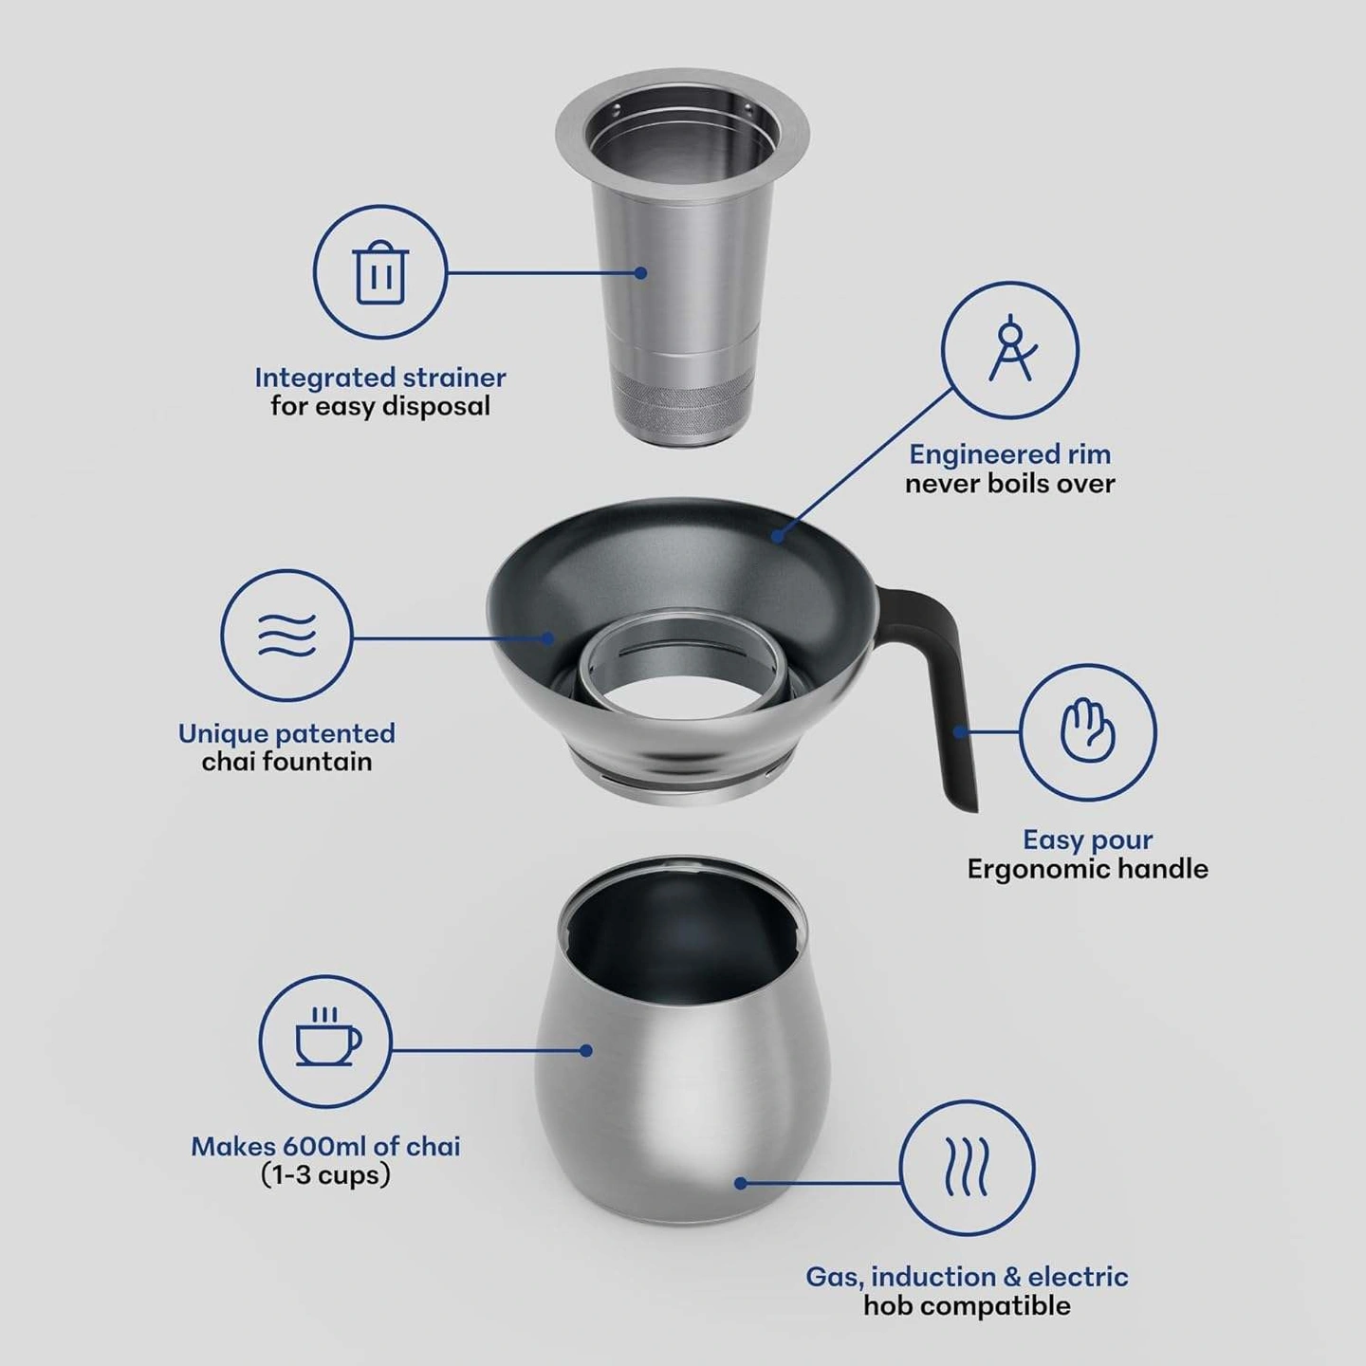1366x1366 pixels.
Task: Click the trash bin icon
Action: click(380, 272)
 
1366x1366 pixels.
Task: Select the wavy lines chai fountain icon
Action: click(286, 636)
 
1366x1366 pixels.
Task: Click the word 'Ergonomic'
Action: click(1039, 869)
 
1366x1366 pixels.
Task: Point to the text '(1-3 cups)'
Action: click(326, 1175)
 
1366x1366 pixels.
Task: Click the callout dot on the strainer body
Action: click(640, 272)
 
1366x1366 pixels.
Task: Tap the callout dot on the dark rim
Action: click(779, 536)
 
